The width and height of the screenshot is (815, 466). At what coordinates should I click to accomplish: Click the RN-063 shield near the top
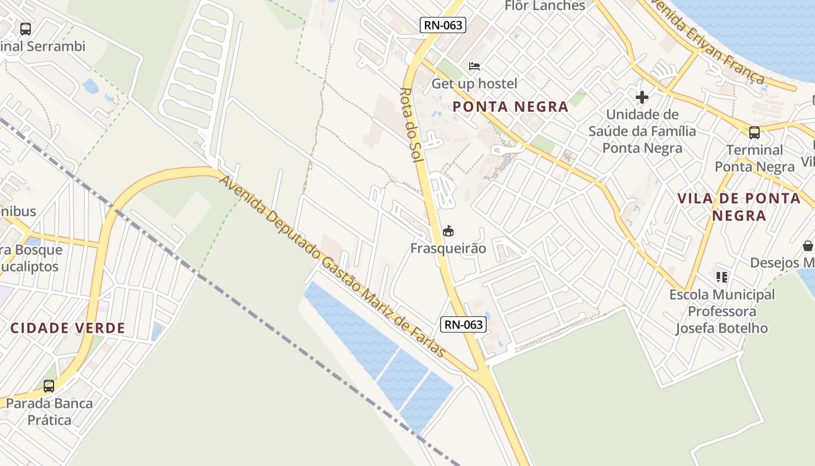coord(442,24)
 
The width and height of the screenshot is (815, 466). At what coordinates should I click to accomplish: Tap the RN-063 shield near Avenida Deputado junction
coord(463,324)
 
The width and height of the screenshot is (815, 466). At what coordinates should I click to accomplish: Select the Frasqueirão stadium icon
coord(448,231)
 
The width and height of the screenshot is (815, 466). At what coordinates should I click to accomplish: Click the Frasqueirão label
coord(448,249)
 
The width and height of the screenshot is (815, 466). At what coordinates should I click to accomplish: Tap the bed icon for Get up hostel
coord(474,66)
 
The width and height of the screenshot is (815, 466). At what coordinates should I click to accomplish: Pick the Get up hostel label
coord(474,84)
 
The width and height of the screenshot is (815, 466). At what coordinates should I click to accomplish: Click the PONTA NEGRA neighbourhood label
coord(510,107)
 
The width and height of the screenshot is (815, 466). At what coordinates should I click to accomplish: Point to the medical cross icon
coord(642,97)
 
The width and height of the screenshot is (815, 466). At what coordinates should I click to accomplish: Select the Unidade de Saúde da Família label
coord(642,131)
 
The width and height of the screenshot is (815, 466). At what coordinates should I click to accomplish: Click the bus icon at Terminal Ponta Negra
coord(754,133)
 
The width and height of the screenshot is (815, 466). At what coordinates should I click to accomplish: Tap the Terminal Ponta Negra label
coord(754,158)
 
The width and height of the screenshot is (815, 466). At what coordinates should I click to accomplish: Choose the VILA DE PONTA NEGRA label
coord(739,207)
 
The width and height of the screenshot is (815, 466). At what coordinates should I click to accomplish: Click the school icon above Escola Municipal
coord(722,277)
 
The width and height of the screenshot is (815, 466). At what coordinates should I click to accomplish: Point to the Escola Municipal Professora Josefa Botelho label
coord(722,311)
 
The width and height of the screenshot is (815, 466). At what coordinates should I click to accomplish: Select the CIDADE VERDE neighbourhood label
coord(68,328)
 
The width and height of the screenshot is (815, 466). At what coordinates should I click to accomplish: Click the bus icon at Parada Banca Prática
coord(49,386)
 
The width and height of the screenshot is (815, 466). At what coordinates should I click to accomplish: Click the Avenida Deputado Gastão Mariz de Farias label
coord(332,266)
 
